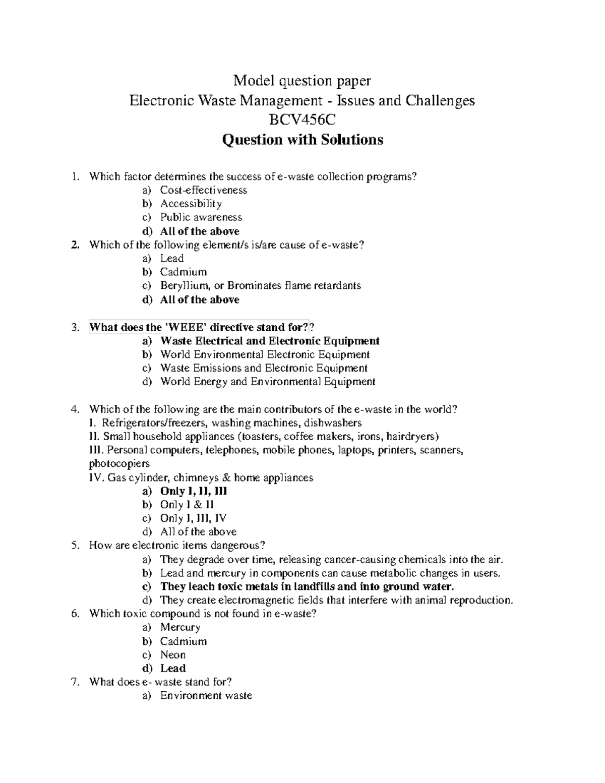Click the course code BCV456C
[302, 120]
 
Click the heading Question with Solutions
[302, 140]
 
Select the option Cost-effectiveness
[203, 190]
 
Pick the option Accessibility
[191, 204]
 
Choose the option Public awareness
[201, 217]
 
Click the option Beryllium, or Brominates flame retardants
[260, 285]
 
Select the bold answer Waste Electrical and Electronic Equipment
[269, 341]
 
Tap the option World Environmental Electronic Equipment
[265, 354]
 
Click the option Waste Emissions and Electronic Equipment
[264, 368]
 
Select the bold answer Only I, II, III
[193, 491]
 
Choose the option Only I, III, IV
[193, 518]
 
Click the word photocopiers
[119, 463]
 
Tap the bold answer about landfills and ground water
[307, 586]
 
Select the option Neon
[172, 655]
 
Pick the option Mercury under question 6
[180, 627]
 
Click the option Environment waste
[206, 696]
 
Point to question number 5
[76, 546]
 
